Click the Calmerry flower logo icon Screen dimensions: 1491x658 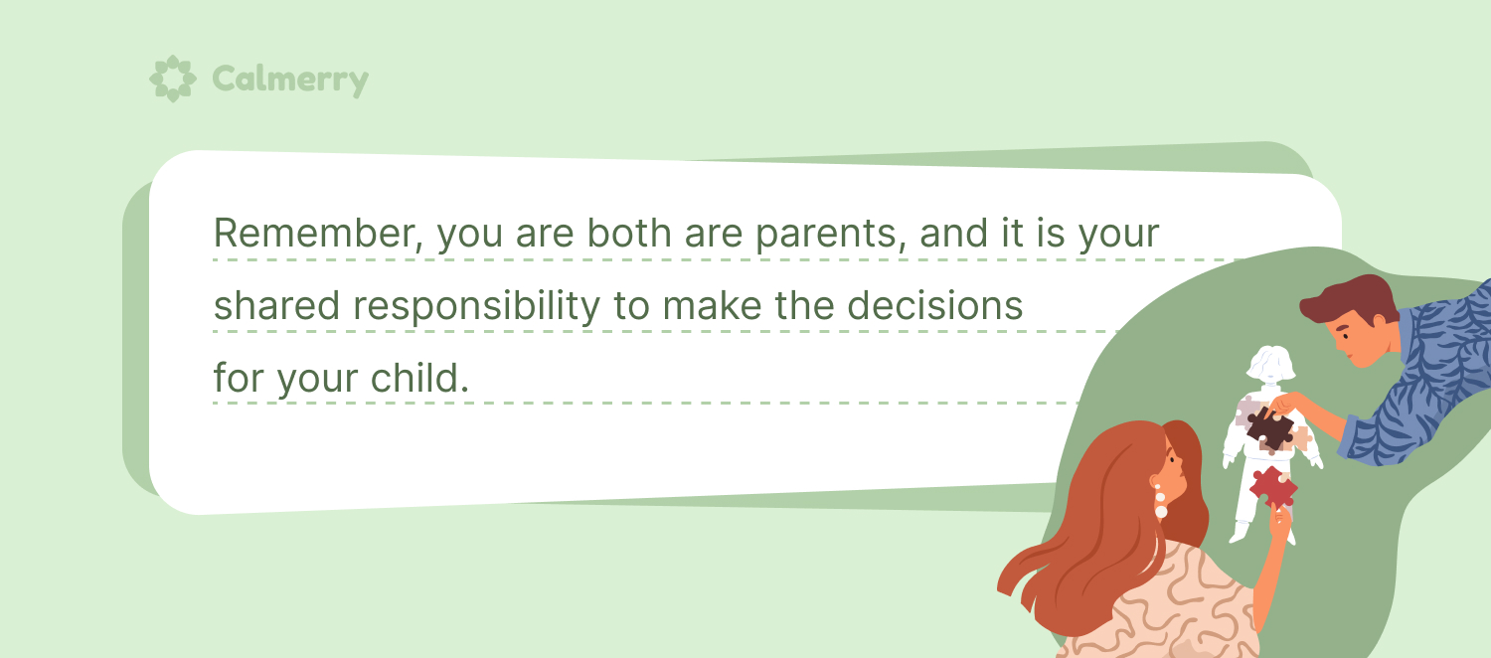[x=172, y=79]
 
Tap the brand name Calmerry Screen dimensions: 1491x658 [x=290, y=80]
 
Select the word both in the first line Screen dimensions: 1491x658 [x=629, y=233]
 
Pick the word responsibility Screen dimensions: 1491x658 [x=476, y=307]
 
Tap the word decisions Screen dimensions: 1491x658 [x=934, y=305]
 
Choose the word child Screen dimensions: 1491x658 [x=419, y=378]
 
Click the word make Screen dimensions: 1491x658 [x=713, y=305]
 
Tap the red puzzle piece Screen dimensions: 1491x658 [x=1273, y=486]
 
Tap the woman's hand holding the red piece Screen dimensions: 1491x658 [x=1279, y=522]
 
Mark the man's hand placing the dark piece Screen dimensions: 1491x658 [x=1284, y=404]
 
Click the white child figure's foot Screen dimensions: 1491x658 [x=1240, y=535]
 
